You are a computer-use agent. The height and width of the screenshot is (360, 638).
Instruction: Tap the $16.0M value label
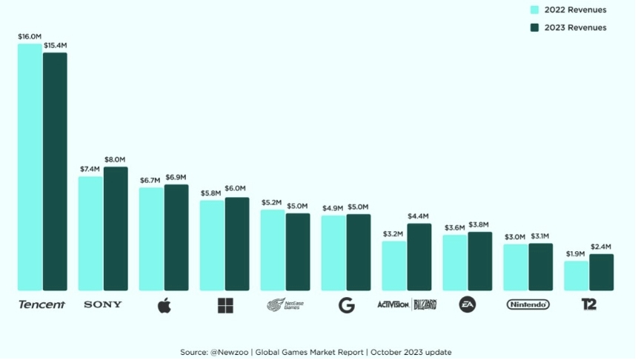tap(30, 36)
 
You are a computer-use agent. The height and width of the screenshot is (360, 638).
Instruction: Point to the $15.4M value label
tap(56, 45)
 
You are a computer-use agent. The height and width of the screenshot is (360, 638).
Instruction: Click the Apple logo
tap(165, 304)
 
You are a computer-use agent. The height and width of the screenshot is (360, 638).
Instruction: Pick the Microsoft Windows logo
tap(225, 305)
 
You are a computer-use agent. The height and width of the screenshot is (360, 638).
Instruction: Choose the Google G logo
tap(346, 305)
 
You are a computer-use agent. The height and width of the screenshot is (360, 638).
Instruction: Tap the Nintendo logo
tap(528, 304)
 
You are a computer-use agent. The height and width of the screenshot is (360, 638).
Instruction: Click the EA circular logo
tap(467, 304)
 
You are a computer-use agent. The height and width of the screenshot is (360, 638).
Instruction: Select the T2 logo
tap(589, 304)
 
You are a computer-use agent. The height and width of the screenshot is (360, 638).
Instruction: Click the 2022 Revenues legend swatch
tap(534, 10)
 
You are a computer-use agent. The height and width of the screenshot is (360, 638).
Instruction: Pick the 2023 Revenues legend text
tap(575, 27)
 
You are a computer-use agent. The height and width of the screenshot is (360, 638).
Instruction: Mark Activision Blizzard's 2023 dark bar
tap(419, 257)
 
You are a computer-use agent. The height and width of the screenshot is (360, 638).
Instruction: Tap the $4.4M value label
tap(419, 216)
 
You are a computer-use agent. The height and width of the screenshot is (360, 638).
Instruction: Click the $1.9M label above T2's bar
tap(576, 253)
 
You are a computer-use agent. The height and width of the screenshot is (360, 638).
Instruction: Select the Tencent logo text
tap(41, 304)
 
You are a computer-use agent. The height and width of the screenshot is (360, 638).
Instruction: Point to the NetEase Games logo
tap(285, 304)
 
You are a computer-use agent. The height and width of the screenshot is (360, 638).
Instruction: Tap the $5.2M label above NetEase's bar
tap(272, 202)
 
